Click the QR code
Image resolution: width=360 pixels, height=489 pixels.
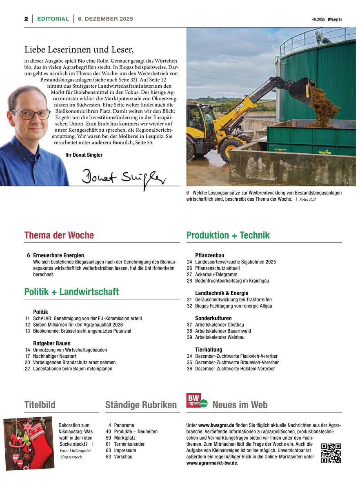pos(331,453)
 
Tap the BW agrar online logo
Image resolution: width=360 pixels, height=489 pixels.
pos(197,400)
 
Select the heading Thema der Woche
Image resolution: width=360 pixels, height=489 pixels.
pos(59,235)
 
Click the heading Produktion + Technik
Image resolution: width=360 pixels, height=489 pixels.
pos(228,235)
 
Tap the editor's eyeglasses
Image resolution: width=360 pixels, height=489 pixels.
pos(31,113)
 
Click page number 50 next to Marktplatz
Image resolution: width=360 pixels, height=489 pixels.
pos(109,438)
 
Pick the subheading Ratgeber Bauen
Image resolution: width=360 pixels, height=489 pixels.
pos(52,343)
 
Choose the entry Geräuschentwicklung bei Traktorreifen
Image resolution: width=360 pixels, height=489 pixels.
pos(233,299)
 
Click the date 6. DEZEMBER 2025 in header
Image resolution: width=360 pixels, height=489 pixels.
pos(105,19)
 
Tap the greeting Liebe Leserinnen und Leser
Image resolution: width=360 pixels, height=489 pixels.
pos(79,50)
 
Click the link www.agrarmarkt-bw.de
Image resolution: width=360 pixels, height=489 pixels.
pos(211,463)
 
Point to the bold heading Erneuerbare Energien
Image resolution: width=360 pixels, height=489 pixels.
pos(58,255)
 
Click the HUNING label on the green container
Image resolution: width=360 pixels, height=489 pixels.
pos(324,152)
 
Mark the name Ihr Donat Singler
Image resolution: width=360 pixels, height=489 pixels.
pos(84,155)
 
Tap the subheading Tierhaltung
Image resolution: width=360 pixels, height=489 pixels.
pos(209,350)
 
